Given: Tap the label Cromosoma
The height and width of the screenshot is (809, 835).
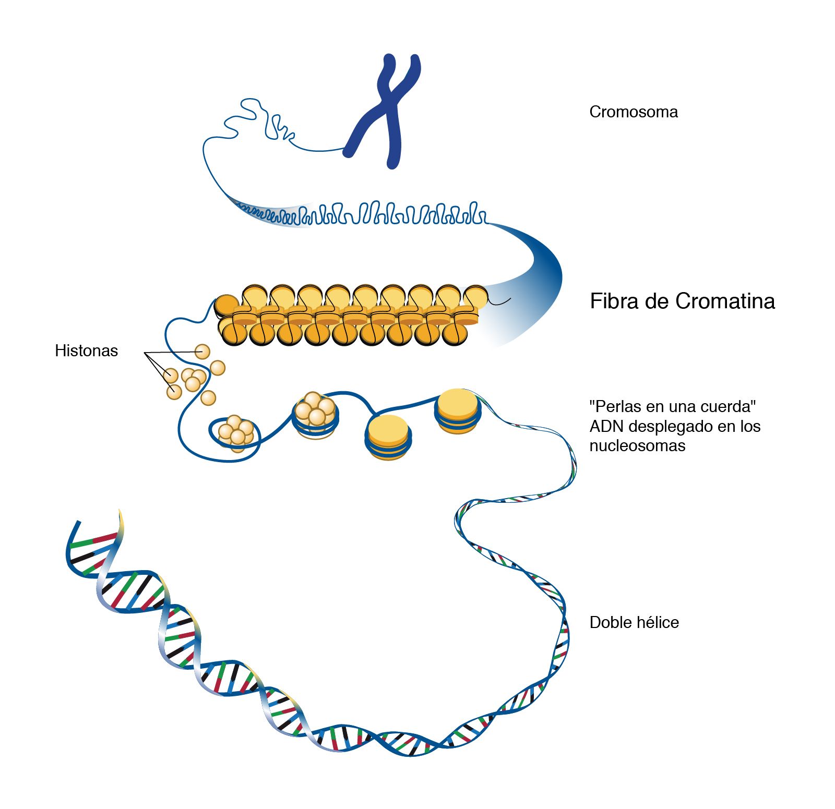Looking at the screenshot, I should pos(633,112).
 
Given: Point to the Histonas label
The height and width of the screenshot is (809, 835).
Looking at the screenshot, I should pos(86,351).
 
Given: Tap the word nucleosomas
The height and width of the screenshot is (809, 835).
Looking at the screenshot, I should pos(637,446).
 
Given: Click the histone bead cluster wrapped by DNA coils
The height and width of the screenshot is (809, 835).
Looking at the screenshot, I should pos(315,412).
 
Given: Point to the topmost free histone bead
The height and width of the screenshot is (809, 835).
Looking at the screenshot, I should pos(202,352).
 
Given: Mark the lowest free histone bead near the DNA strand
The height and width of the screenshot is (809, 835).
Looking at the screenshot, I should pos(208,397).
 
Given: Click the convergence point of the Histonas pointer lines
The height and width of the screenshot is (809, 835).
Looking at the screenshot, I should pos(145,354).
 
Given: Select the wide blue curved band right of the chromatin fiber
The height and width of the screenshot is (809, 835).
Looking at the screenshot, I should pos(538,282).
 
